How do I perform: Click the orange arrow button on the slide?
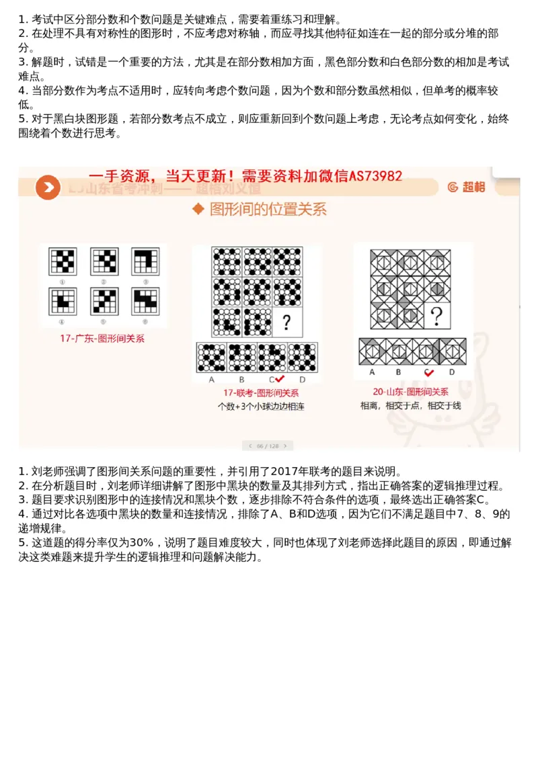coord(47,187)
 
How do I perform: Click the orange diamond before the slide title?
coord(198,210)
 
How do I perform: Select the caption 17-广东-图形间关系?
coord(102,339)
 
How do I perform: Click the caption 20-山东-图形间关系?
coord(410,392)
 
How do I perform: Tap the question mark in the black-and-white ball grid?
coord(286,323)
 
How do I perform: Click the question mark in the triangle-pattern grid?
coord(436,314)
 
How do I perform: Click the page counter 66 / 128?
coord(268,446)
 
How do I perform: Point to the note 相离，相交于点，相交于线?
coord(410,405)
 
